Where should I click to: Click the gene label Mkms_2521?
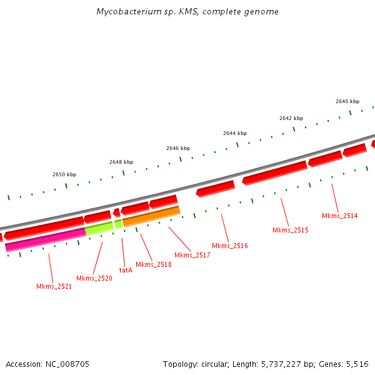coord(54,286)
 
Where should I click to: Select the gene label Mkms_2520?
coord(94,278)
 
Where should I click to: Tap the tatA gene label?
coord(126,270)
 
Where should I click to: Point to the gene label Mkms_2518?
coord(153,264)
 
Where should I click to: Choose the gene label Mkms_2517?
coord(192,254)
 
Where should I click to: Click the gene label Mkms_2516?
coord(230,246)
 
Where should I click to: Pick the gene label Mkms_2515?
coord(291,230)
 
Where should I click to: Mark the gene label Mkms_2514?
coord(340,216)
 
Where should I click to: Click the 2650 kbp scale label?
coord(64,174)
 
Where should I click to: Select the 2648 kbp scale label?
coord(121,162)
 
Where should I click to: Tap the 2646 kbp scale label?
coord(178,148)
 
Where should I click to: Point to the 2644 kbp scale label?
coord(235,133)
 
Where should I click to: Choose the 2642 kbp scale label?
coord(291,118)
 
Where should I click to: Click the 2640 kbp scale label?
coord(347,101)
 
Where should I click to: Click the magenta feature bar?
coord(45,240)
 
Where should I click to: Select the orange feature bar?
coord(151,216)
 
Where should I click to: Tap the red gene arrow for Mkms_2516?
coord(216,187)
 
